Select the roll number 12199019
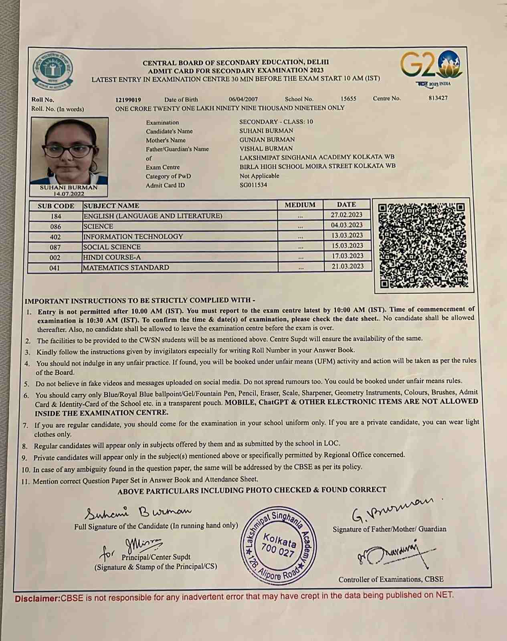pos(128,100)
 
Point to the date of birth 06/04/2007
pos(243,99)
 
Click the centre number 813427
pos(438,98)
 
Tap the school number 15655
pos(348,99)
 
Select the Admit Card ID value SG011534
pos(253,185)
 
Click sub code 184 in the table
pos(56,216)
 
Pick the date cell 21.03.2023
pos(347,266)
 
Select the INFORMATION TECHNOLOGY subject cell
pos(133,237)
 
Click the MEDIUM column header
pos(300,205)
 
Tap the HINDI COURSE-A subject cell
pos(112,257)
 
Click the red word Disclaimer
pos(37,599)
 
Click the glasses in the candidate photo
pos(69,151)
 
